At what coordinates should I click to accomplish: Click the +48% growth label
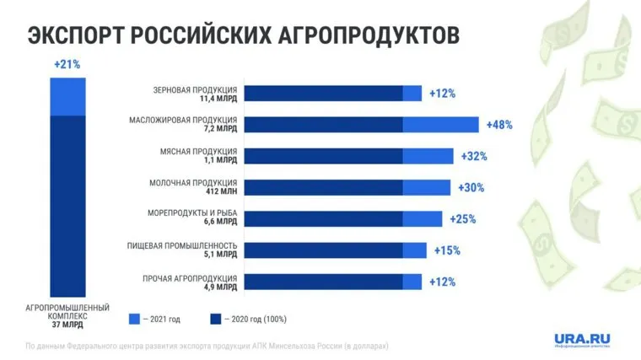(499, 125)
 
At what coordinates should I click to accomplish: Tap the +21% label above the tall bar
(67, 64)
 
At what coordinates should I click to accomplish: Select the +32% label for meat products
(473, 156)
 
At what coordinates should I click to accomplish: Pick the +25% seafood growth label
(462, 219)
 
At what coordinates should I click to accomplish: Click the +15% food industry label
(447, 250)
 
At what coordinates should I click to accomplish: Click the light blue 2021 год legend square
(134, 320)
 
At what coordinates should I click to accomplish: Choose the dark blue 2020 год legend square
(215, 320)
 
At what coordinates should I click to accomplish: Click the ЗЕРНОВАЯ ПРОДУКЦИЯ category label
(195, 89)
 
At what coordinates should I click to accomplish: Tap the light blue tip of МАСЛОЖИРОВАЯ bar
(440, 125)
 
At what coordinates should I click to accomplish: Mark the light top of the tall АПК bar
(67, 95)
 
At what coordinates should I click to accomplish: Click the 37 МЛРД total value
(67, 325)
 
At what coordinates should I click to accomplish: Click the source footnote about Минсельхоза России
(207, 347)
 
